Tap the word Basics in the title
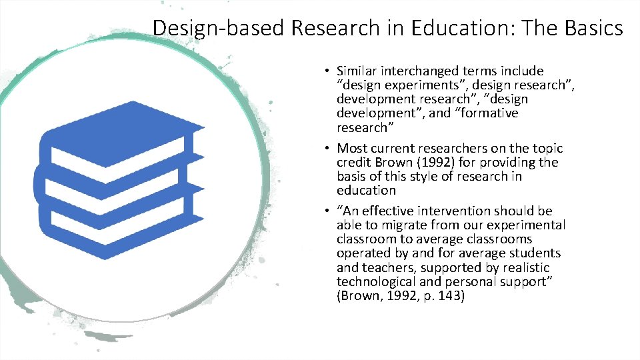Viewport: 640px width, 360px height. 591,28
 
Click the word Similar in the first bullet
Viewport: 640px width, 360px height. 357,71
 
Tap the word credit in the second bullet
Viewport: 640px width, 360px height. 354,163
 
